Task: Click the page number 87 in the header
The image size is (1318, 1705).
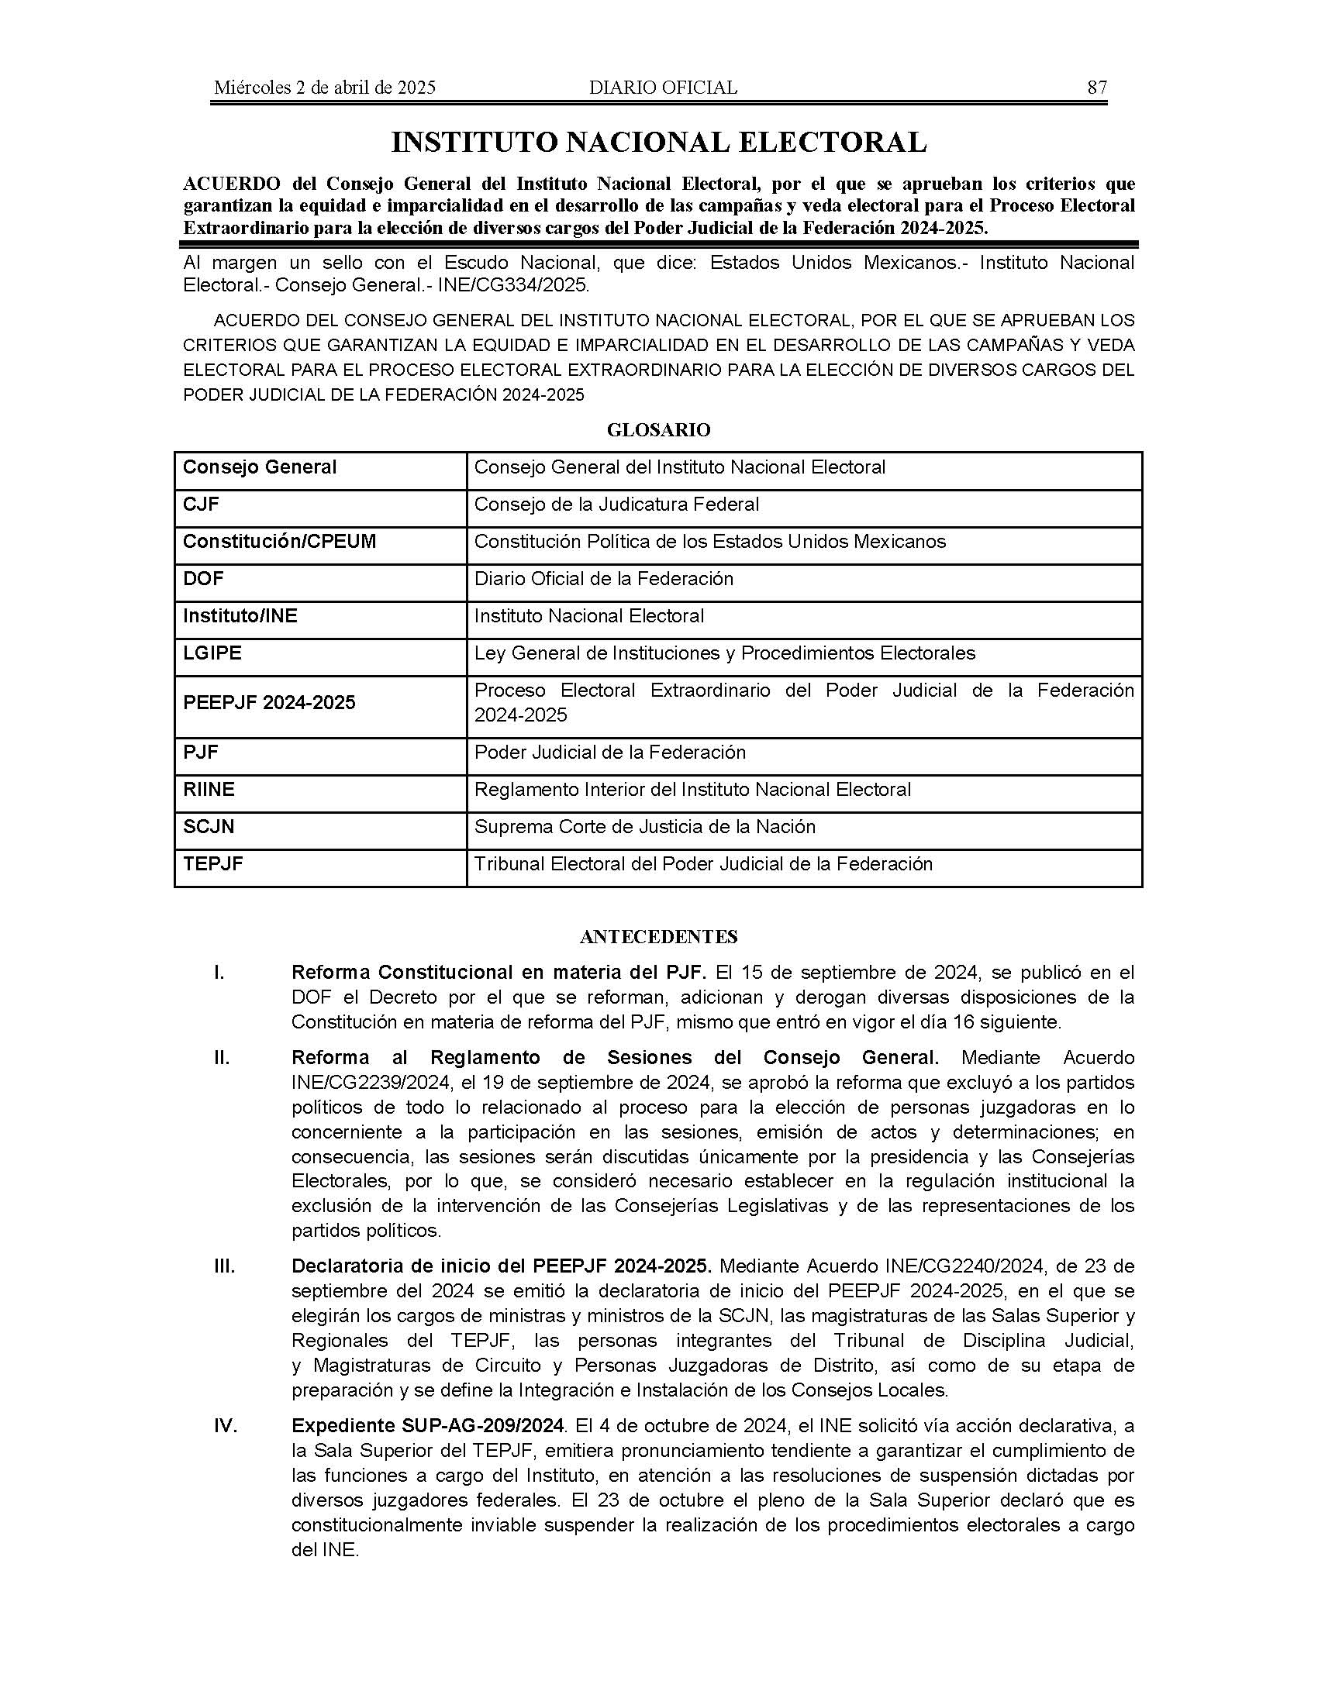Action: pos(1096,88)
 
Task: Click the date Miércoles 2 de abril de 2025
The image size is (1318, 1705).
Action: pos(325,88)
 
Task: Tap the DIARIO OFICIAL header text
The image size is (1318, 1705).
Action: pos(663,88)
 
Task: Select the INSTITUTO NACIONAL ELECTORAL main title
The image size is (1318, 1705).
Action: pos(658,142)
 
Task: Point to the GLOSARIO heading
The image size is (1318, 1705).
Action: pos(658,430)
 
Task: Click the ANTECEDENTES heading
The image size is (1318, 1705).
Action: pos(658,936)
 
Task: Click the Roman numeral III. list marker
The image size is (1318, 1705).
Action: pos(224,1266)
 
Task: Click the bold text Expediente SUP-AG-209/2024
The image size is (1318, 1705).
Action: pos(427,1426)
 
